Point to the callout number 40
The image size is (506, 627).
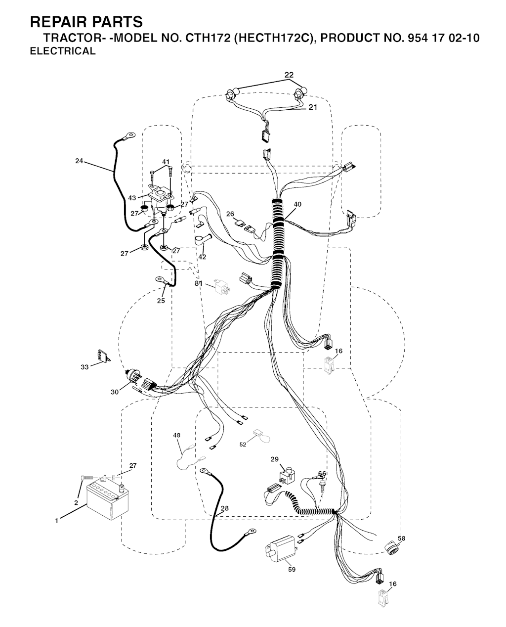297,204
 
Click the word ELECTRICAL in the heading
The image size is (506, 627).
63,51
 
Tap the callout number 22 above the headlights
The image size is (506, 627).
289,75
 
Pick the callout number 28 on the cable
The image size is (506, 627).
224,508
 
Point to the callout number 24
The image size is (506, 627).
79,161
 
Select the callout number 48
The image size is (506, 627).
176,435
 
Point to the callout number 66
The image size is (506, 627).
322,474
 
